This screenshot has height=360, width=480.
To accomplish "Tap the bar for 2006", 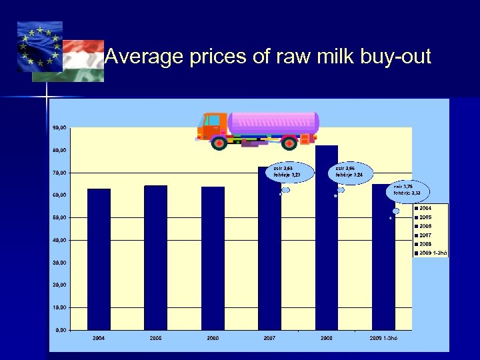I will [213, 258].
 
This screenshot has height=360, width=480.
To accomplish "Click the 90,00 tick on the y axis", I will [59, 127].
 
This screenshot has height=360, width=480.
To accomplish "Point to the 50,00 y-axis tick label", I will [59, 217].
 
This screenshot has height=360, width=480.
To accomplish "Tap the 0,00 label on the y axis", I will [61, 330].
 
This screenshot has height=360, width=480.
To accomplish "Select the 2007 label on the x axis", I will [269, 339].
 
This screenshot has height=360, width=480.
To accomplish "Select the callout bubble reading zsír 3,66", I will [349, 171].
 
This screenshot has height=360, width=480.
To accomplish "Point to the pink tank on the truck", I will [273, 122].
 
